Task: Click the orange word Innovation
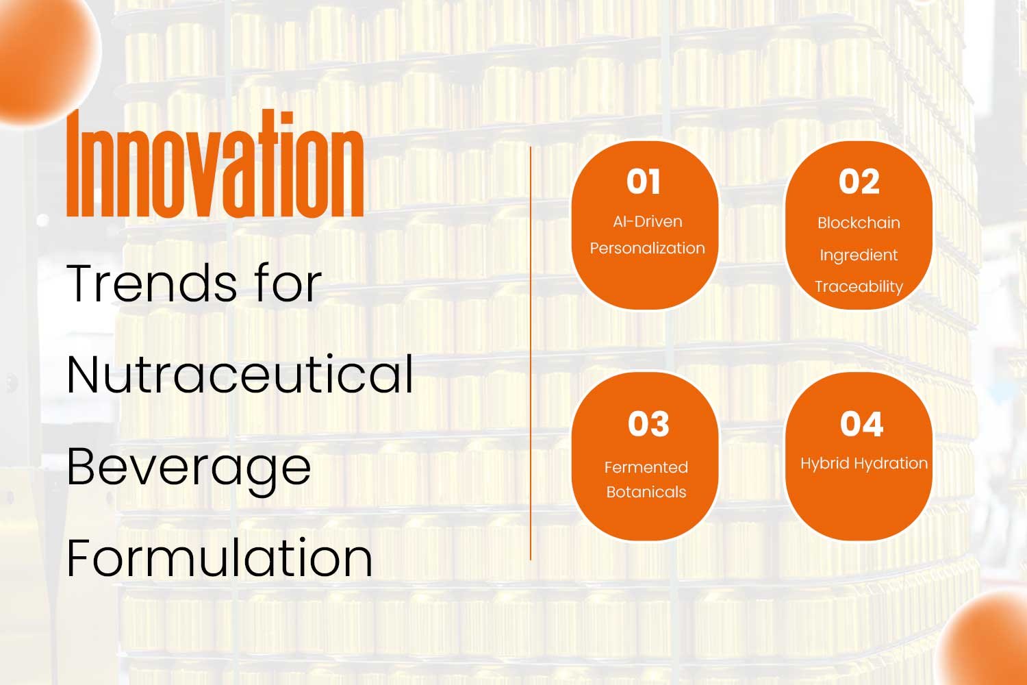click(x=215, y=163)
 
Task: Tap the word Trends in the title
click(x=152, y=283)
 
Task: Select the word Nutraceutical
click(x=240, y=374)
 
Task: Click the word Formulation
click(x=219, y=558)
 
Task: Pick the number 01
click(x=644, y=182)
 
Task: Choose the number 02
click(x=859, y=182)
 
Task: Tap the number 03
click(x=648, y=423)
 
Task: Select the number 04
click(x=861, y=423)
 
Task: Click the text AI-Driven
click(x=648, y=222)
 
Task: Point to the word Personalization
click(x=648, y=248)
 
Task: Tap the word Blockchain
click(x=859, y=223)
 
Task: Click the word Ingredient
click(x=859, y=255)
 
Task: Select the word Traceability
click(x=859, y=287)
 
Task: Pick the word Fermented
click(x=646, y=468)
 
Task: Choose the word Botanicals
click(x=646, y=493)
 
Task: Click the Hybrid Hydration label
click(x=864, y=463)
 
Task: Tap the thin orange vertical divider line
click(x=531, y=353)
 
